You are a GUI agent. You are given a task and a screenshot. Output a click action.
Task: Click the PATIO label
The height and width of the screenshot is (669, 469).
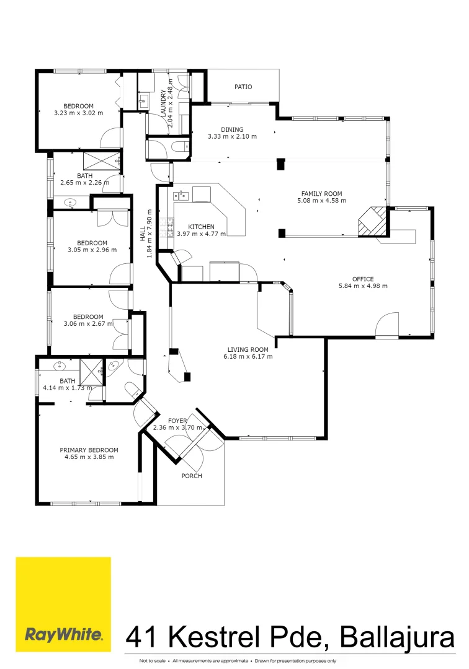pyautogui.click(x=243, y=87)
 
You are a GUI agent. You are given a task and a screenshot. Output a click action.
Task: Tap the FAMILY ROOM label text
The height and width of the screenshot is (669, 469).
pyautogui.click(x=322, y=193)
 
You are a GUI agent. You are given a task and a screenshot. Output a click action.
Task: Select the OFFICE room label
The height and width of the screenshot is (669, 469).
pyautogui.click(x=363, y=279)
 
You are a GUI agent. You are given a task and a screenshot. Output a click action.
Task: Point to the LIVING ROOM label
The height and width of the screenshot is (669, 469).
pyautogui.click(x=248, y=349)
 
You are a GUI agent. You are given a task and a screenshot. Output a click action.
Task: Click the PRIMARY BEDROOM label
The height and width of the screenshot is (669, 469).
pyautogui.click(x=89, y=450)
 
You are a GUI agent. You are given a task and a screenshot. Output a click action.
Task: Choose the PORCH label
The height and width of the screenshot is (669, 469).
pyautogui.click(x=192, y=476)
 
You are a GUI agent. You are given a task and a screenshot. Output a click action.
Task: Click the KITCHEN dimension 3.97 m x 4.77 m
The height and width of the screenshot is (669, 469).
pyautogui.click(x=201, y=234)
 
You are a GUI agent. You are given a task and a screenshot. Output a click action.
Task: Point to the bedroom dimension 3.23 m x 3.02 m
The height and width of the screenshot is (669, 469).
pyautogui.click(x=79, y=113)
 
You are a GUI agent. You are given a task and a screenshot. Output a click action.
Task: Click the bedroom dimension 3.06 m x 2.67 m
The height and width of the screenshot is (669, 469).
pyautogui.click(x=89, y=323)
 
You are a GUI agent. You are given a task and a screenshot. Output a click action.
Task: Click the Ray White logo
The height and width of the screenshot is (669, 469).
pyautogui.click(x=63, y=604)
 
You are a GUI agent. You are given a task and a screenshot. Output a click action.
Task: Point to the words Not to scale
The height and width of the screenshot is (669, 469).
pyautogui.click(x=153, y=661)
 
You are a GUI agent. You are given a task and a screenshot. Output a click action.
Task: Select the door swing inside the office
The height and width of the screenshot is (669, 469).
pyautogui.click(x=388, y=323)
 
